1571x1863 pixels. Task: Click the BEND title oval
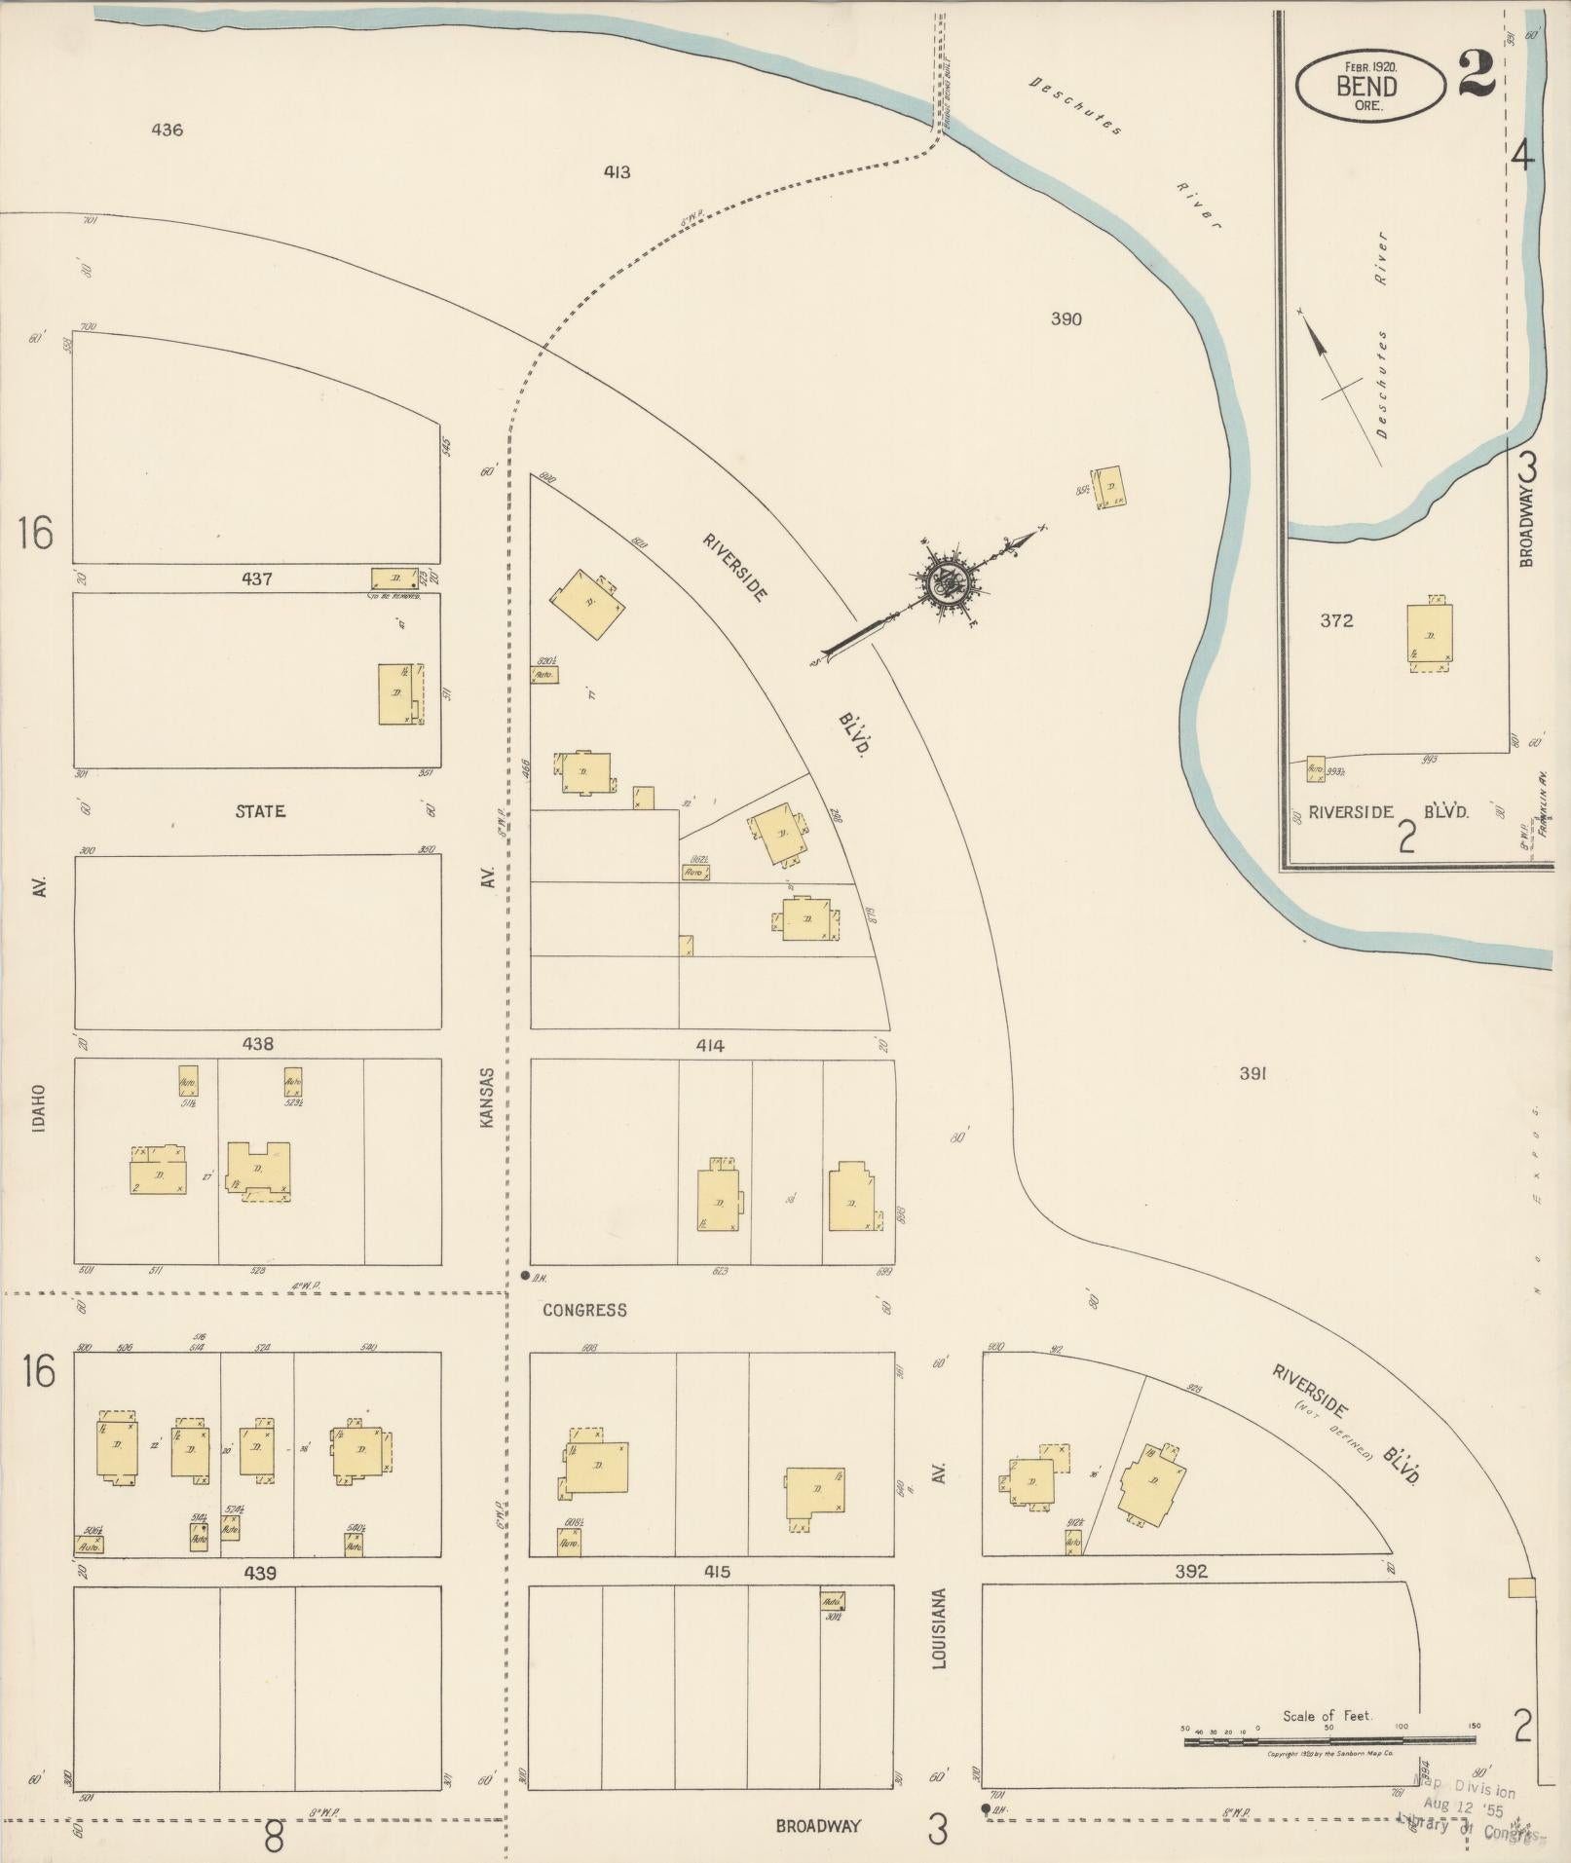click(x=1367, y=85)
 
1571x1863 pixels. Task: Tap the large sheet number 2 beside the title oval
click(x=1477, y=74)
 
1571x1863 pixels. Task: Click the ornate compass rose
click(x=944, y=585)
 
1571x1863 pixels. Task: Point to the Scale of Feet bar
click(x=1330, y=1740)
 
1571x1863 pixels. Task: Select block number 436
click(x=168, y=130)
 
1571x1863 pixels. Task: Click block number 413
click(x=617, y=172)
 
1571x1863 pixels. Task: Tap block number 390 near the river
click(x=1066, y=318)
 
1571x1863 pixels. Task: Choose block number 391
click(x=1252, y=1073)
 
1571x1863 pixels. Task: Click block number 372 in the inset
click(x=1336, y=620)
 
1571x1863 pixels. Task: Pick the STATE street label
click(x=260, y=810)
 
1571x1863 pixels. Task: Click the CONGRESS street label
click(x=584, y=1310)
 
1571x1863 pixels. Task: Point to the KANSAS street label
click(x=488, y=1098)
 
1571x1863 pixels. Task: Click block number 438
click(x=257, y=1044)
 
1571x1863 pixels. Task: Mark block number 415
click(x=710, y=1572)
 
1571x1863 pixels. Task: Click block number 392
click(x=1191, y=1571)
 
